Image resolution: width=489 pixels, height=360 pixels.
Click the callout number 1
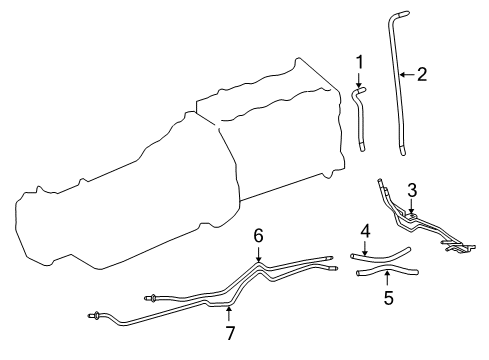(x=359, y=63)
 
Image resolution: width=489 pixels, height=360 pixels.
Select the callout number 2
(x=422, y=74)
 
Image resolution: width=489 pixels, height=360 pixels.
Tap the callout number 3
(x=412, y=191)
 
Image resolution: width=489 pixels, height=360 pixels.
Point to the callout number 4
(x=365, y=231)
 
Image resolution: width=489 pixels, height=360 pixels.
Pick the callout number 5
(x=388, y=297)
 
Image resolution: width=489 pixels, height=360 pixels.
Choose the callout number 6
(x=258, y=236)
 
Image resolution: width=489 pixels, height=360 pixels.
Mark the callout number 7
(x=230, y=332)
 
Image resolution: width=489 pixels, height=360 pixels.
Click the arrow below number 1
(x=359, y=80)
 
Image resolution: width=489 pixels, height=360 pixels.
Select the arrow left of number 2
(x=407, y=74)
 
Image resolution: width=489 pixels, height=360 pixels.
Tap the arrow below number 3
(x=412, y=206)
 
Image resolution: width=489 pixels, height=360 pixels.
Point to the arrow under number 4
(x=365, y=248)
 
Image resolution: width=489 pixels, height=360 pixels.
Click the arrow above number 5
(x=387, y=279)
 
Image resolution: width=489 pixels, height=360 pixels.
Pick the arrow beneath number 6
(x=258, y=253)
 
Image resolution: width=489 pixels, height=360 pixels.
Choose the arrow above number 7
(x=228, y=314)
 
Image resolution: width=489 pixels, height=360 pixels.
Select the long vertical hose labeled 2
(x=396, y=83)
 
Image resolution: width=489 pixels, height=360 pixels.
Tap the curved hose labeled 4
(x=380, y=257)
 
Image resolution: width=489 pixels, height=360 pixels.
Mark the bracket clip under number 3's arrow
(x=412, y=216)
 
